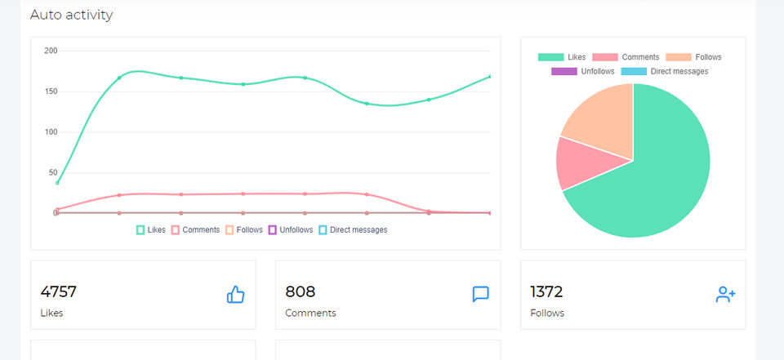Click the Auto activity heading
pyautogui.click(x=71, y=15)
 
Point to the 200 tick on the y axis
pyautogui.click(x=51, y=51)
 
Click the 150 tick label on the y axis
pyautogui.click(x=51, y=91)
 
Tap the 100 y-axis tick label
pyautogui.click(x=51, y=132)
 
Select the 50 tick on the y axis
pyautogui.click(x=53, y=172)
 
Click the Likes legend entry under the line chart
pyautogui.click(x=151, y=230)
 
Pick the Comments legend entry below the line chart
pyautogui.click(x=195, y=230)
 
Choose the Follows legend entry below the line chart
pyautogui.click(x=244, y=230)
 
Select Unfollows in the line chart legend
pyautogui.click(x=291, y=230)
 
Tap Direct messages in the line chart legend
pyautogui.click(x=353, y=230)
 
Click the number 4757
pyautogui.click(x=58, y=291)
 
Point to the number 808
pyautogui.click(x=300, y=291)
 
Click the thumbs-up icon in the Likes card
pyautogui.click(x=235, y=295)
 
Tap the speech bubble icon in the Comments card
pyautogui.click(x=480, y=295)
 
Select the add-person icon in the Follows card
pyautogui.click(x=725, y=295)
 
